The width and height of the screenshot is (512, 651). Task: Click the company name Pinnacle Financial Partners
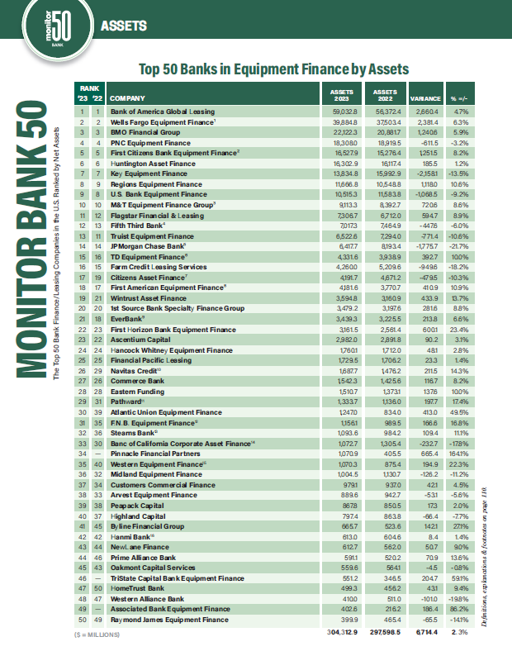coord(155,454)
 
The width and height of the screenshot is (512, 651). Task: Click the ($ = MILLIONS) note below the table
coord(98,634)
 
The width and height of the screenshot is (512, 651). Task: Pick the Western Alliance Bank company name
coord(145,598)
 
